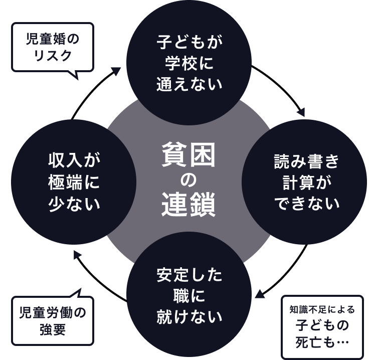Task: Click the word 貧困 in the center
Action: coord(188,155)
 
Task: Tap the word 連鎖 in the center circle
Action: coord(188,204)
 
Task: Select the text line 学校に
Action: coord(189,63)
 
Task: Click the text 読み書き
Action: coord(306,162)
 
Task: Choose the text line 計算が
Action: coord(306,183)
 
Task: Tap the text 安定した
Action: coord(189,276)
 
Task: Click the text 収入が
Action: coord(74,162)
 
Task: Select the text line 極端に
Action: coord(74,183)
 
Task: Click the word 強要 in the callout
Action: coord(53,331)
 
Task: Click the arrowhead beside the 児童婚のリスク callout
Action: coord(116,72)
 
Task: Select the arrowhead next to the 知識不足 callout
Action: coord(260,293)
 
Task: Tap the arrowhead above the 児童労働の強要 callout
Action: coord(77,255)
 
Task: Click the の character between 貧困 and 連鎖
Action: coord(188,180)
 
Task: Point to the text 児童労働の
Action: coord(53,313)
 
